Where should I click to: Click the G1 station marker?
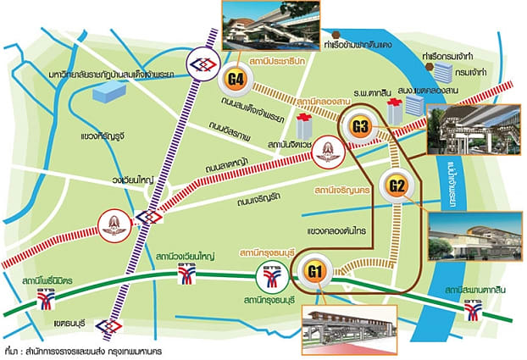pos(314,273)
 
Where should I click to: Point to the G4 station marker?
pos(236,81)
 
